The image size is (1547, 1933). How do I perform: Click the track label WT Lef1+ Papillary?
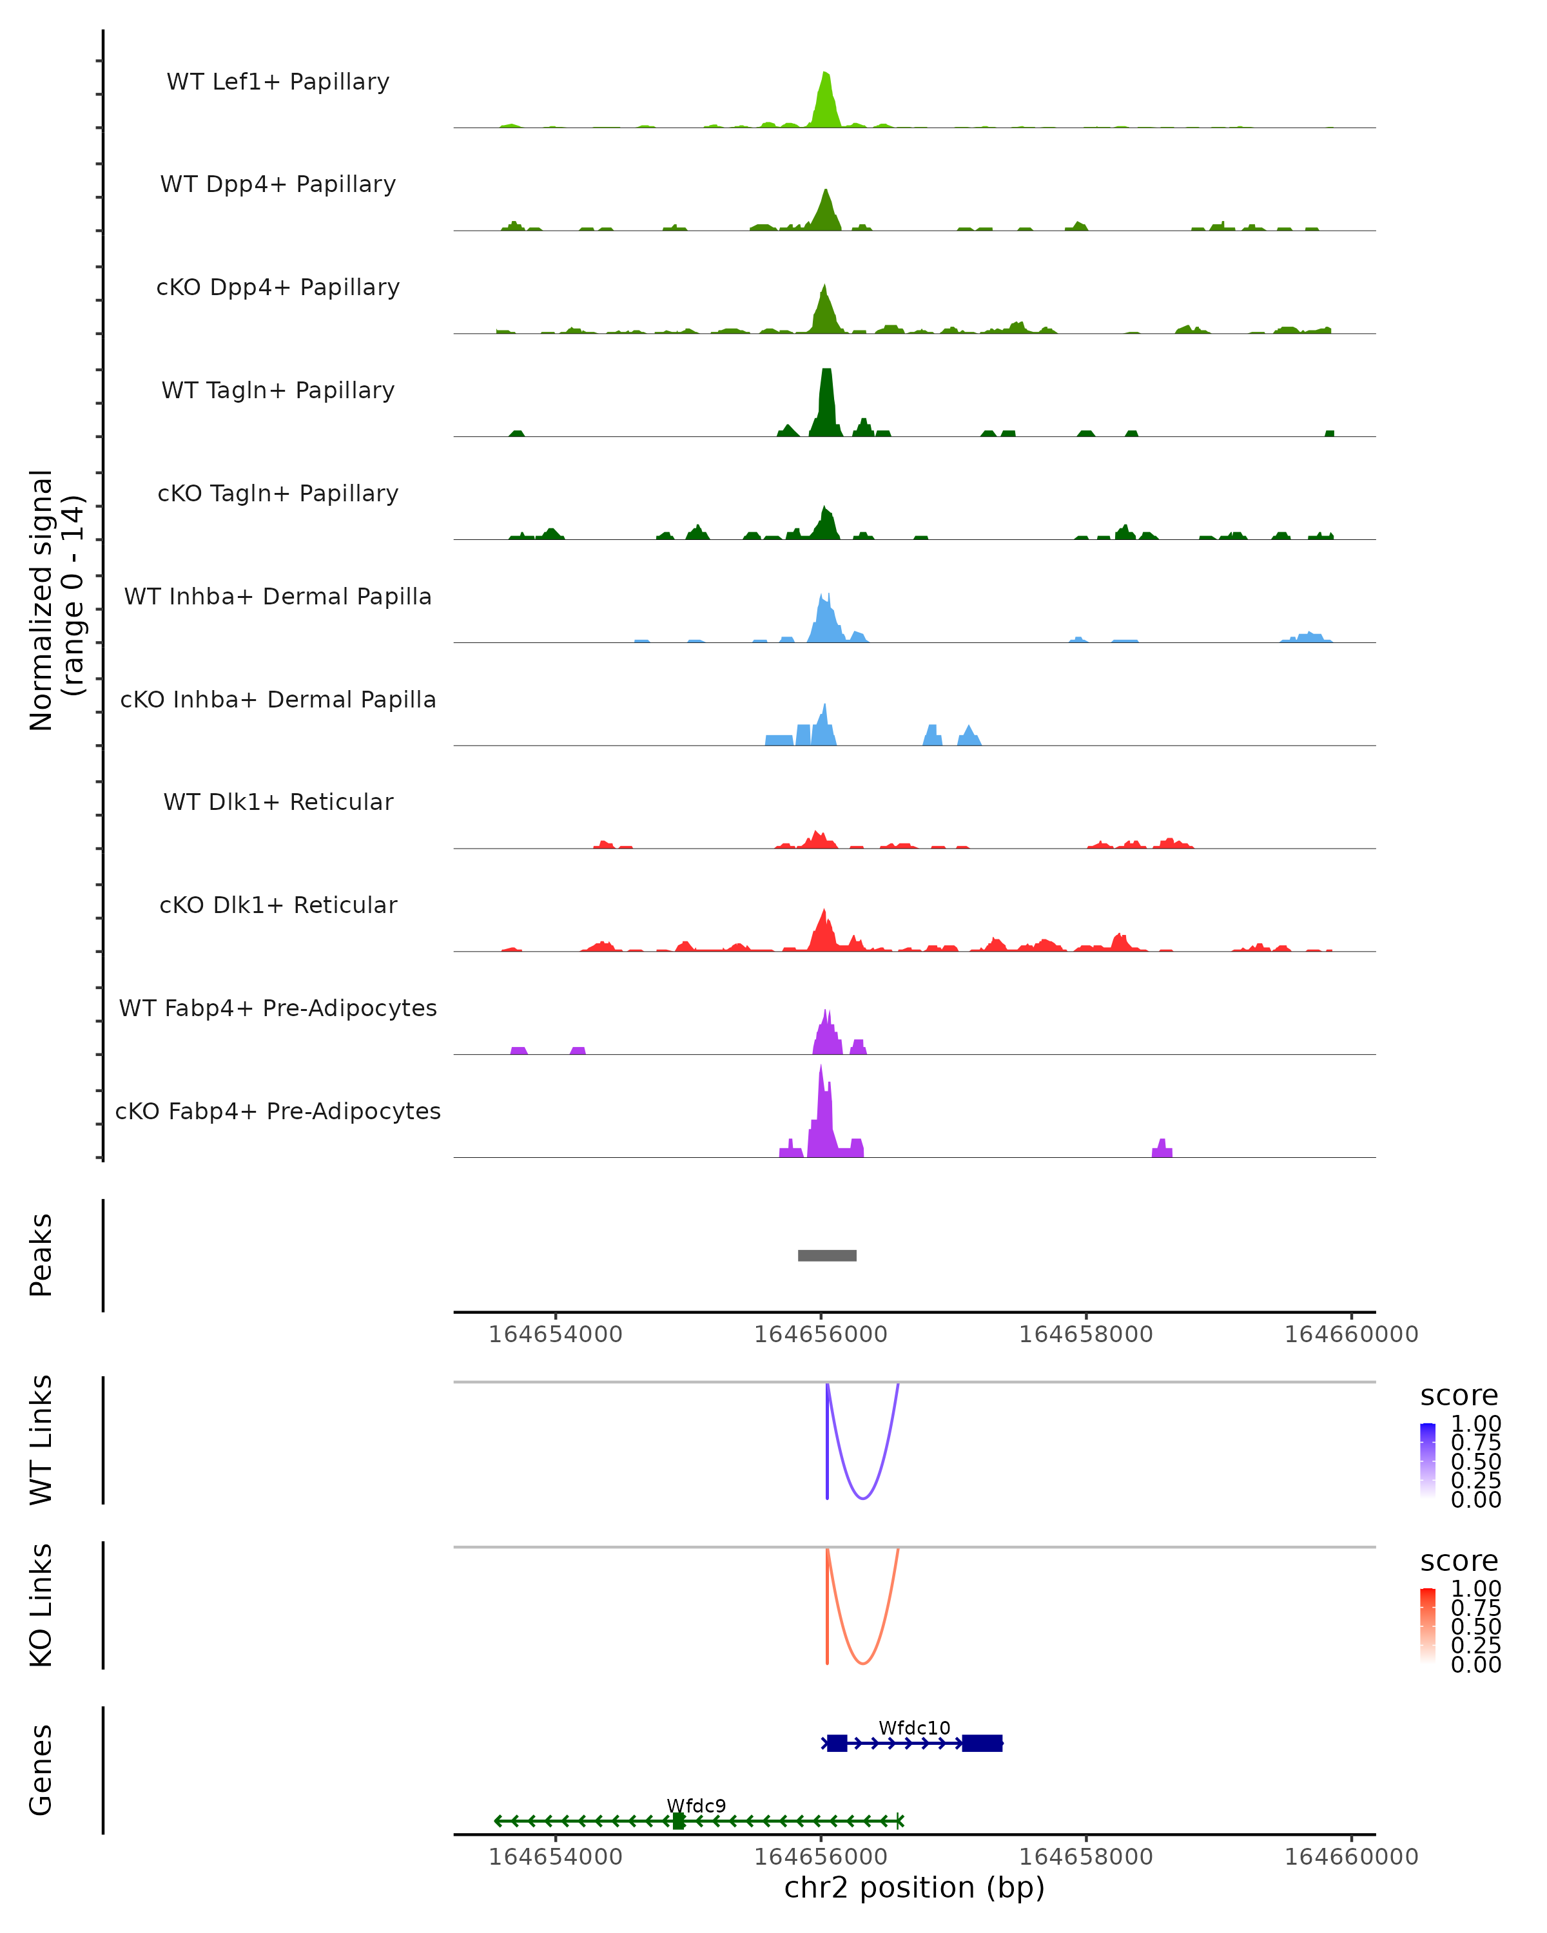tap(278, 82)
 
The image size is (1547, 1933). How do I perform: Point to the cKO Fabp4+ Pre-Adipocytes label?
tap(278, 1111)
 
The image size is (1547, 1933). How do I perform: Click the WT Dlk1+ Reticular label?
tap(278, 802)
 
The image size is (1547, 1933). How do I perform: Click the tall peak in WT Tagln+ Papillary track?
tap(826, 399)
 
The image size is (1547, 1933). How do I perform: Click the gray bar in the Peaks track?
tap(827, 1255)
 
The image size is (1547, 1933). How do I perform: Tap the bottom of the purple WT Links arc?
tap(862, 1498)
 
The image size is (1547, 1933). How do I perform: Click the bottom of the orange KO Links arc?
tap(862, 1663)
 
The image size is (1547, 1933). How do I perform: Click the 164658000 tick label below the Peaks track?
tap(1085, 1334)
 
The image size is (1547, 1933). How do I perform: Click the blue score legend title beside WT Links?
tap(1458, 1396)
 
